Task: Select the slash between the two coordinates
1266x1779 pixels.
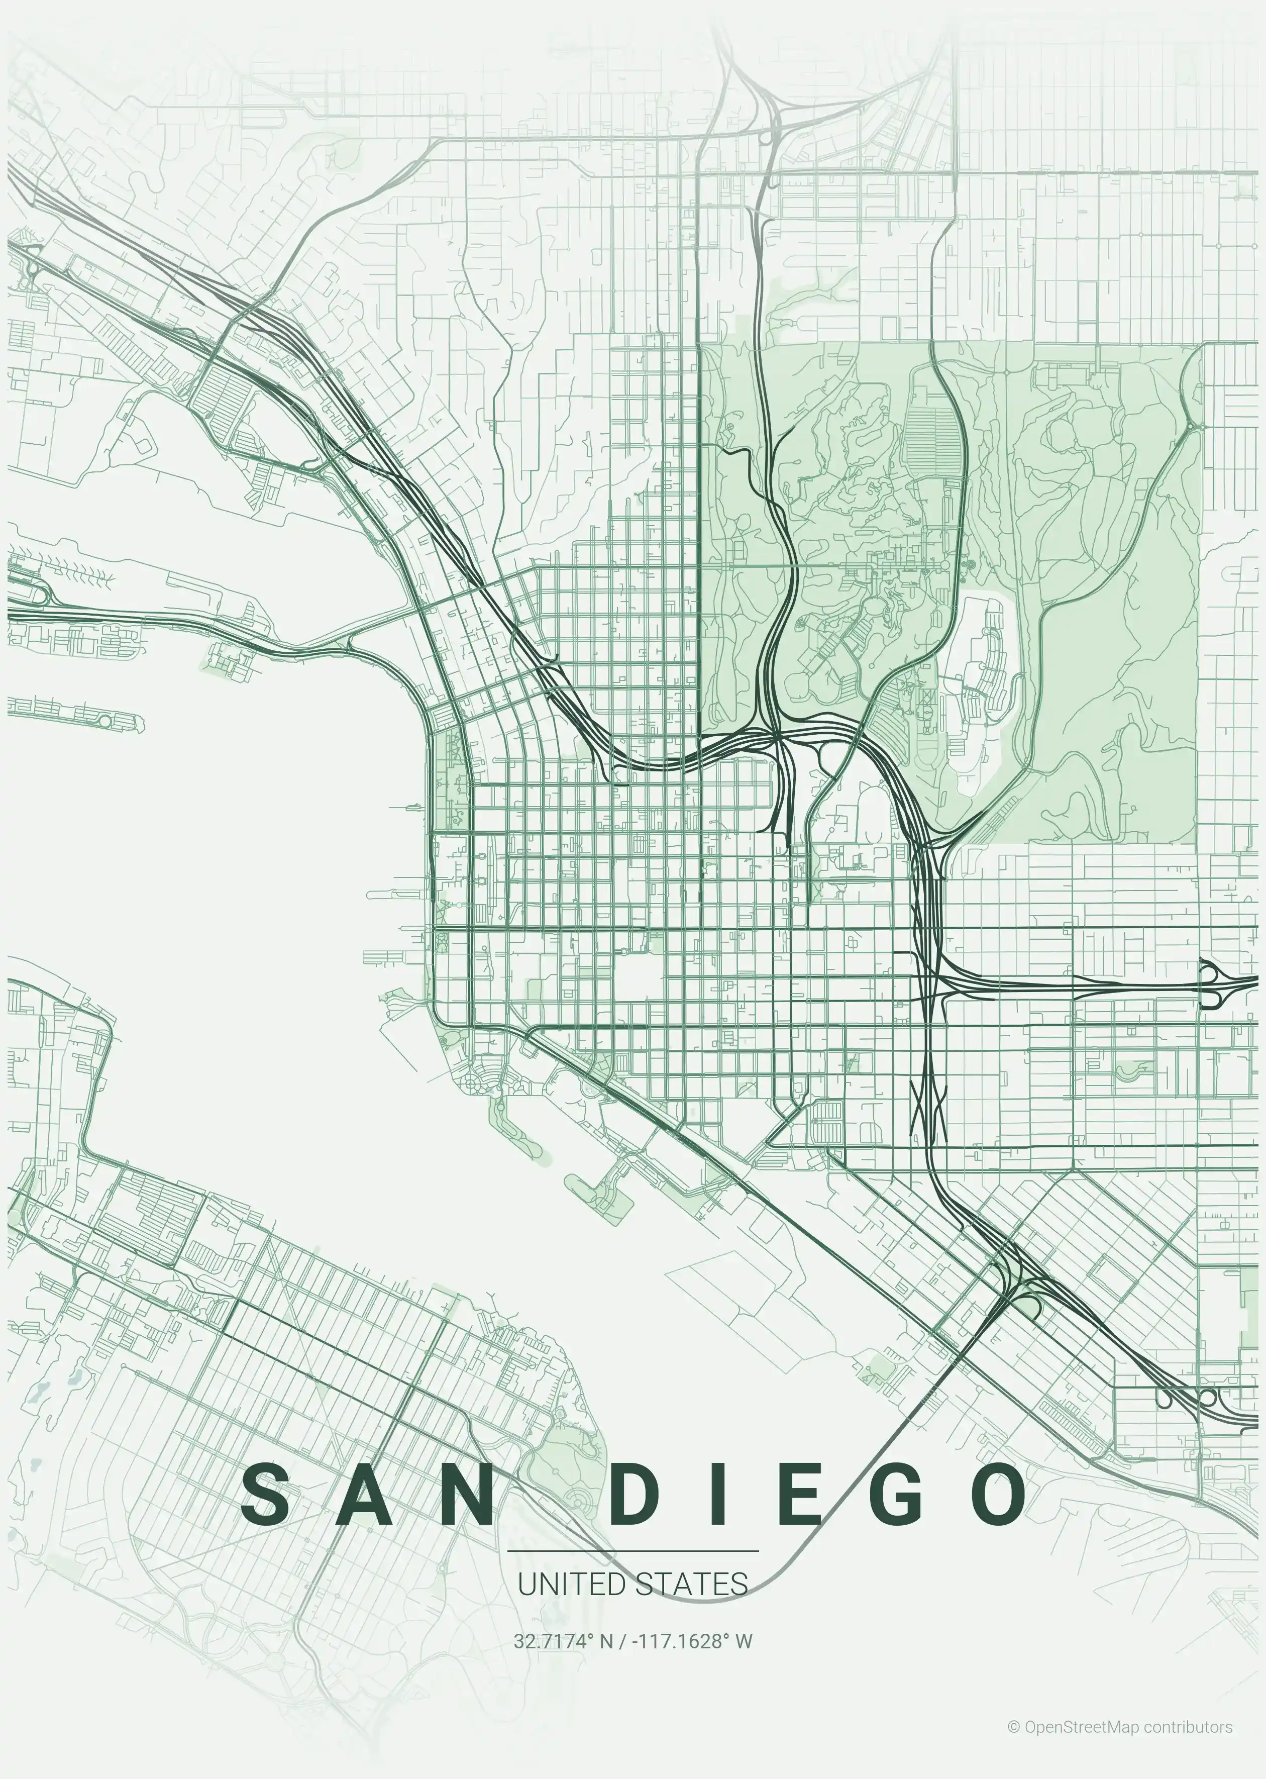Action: (621, 1641)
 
